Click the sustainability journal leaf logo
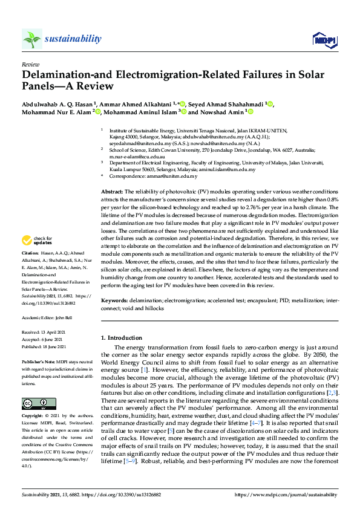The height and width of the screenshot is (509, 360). tap(31, 39)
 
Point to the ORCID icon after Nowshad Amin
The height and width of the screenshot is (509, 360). tap(249, 112)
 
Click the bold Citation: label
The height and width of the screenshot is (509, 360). tap(30, 253)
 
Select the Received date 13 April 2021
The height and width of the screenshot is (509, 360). tap(56, 315)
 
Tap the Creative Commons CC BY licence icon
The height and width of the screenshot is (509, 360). tap(31, 387)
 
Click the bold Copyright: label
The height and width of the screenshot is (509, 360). tap(33, 400)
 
